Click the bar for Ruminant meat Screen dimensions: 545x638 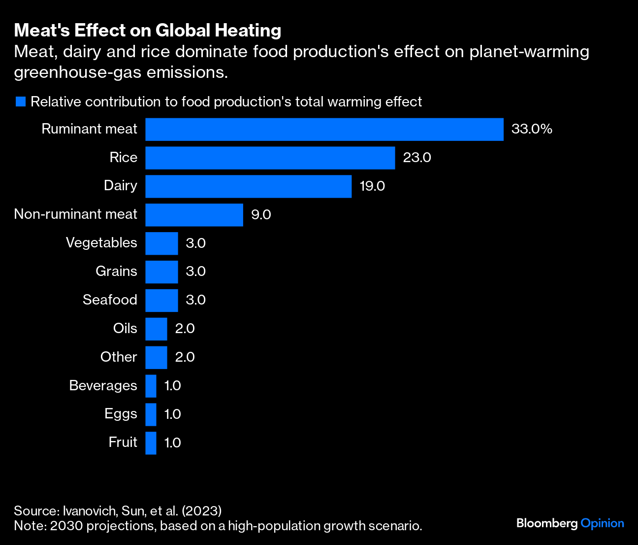(324, 129)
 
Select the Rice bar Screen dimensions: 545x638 (270, 158)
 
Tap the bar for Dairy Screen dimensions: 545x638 (248, 186)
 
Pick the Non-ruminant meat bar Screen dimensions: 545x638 (194, 215)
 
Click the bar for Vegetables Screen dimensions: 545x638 (161, 243)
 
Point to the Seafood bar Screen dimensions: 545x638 (161, 301)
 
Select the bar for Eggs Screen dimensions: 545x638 (151, 414)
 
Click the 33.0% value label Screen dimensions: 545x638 (532, 129)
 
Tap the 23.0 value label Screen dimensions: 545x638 (417, 158)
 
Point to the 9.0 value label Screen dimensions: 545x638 (261, 215)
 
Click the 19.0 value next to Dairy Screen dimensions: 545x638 (372, 186)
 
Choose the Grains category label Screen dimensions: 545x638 (116, 272)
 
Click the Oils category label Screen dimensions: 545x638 (125, 328)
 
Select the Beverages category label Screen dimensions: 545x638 (103, 385)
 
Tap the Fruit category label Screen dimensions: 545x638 (123, 442)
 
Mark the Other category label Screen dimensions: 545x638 (119, 357)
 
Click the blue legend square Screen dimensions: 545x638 (20, 102)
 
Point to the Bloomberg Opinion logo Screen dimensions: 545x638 (570, 523)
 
